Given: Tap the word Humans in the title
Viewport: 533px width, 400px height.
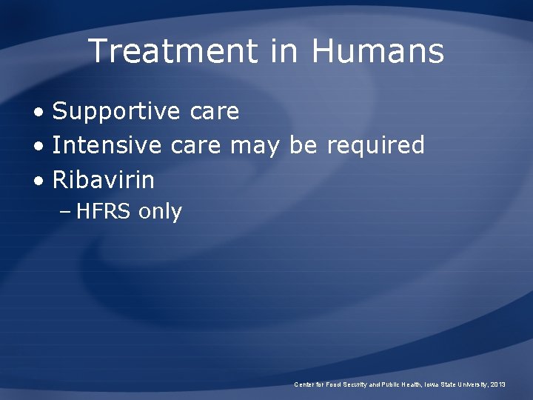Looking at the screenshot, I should (x=378, y=52).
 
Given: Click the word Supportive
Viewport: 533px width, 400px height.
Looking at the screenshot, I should (x=116, y=112).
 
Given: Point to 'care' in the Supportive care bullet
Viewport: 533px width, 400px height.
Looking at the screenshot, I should (x=214, y=112).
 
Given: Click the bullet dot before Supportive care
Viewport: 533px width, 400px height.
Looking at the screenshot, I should (x=38, y=113).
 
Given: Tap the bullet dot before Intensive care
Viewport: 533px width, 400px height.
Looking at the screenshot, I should (x=38, y=146).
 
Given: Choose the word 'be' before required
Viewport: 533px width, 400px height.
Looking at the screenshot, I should (x=303, y=145).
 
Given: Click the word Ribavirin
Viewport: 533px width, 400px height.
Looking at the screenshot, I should (x=104, y=179).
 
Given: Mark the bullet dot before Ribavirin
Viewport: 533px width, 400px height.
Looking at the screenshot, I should (x=38, y=180).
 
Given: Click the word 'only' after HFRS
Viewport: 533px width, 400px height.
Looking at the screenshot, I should (x=160, y=212).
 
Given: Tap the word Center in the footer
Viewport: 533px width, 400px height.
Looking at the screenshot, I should (x=304, y=384).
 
